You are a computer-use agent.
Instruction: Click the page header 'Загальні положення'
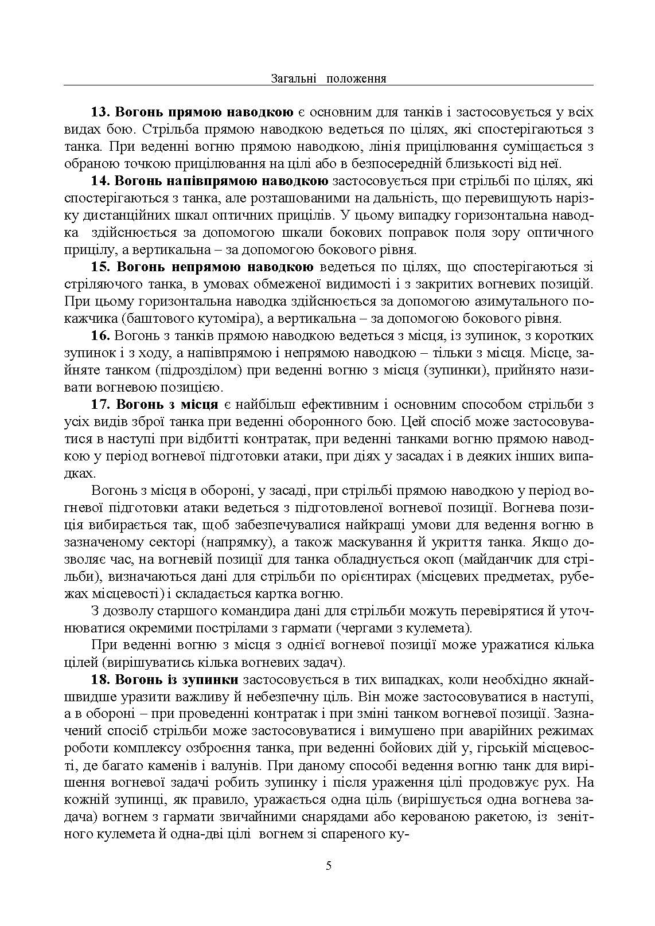[x=327, y=79]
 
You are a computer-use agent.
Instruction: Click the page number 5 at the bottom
[x=328, y=866]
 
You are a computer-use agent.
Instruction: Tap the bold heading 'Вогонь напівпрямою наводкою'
[x=221, y=181]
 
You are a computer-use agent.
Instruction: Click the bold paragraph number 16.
[x=100, y=335]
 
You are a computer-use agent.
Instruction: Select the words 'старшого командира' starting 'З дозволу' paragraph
[x=201, y=611]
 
